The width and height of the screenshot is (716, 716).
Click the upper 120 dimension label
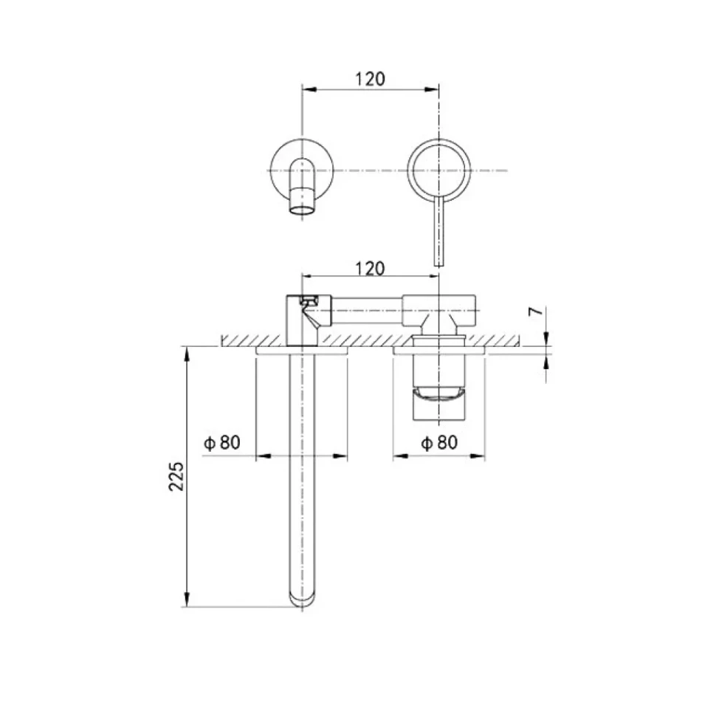click(370, 79)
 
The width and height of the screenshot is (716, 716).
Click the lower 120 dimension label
click(370, 269)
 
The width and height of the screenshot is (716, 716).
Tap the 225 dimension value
click(176, 476)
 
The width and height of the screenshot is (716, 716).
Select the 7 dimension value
click(536, 311)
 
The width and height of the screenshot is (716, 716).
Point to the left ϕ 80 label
click(222, 442)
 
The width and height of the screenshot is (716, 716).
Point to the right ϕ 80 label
click(439, 442)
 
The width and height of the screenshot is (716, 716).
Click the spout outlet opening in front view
click(302, 210)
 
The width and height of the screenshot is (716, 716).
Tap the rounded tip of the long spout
click(303, 600)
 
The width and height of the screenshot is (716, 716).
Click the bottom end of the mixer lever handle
click(438, 264)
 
